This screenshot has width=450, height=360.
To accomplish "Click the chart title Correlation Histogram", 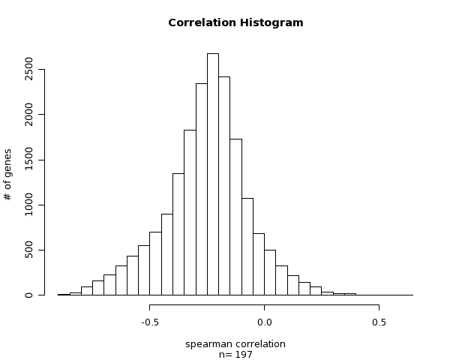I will (235, 22).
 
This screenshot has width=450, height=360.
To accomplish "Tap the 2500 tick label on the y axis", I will (29, 69).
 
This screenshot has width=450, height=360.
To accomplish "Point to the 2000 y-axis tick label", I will (29, 114).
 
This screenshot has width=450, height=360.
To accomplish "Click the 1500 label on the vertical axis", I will (29, 160).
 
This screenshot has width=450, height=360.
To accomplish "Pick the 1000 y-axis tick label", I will (29, 205).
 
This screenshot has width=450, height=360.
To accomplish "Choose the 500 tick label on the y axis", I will (29, 250).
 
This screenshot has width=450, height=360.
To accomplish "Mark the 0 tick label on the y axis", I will (29, 295).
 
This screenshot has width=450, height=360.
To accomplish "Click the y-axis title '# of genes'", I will (8, 174).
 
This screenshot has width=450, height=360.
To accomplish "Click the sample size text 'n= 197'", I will (235, 355).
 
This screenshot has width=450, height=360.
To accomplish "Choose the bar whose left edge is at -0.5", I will (155, 263).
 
